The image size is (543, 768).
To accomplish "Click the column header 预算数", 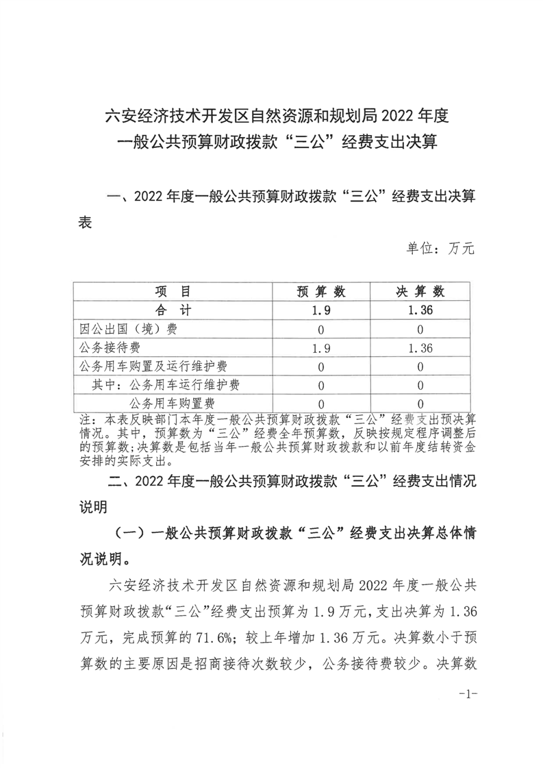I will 320,292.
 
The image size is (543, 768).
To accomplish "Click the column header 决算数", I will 420,292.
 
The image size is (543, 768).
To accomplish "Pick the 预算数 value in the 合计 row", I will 320,310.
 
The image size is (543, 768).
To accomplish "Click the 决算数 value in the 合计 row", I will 420,310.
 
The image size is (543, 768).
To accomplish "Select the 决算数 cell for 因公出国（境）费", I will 420,329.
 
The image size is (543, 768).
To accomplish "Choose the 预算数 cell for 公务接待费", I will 320,347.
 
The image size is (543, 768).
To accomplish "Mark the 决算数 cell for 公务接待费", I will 420,347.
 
